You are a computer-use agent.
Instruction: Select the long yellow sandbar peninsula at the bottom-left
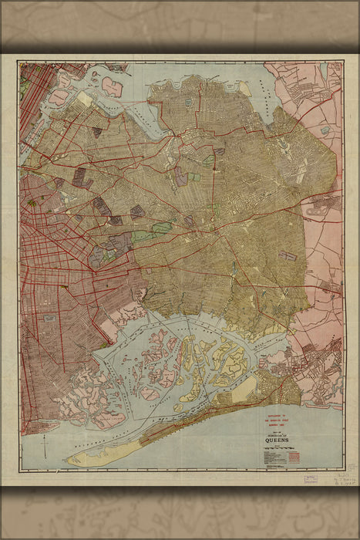click(100, 455)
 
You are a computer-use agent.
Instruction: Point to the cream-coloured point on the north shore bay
click(244, 88)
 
